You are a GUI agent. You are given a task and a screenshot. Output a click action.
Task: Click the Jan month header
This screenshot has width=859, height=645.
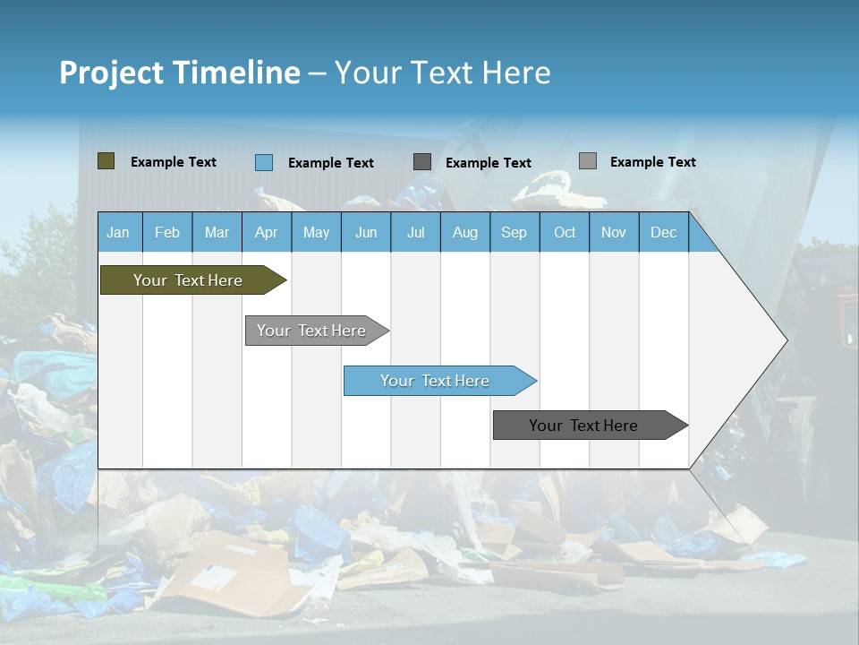(118, 232)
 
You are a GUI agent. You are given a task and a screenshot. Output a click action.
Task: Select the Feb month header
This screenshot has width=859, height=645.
(167, 232)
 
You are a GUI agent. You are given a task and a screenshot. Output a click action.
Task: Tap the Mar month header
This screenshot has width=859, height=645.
(217, 232)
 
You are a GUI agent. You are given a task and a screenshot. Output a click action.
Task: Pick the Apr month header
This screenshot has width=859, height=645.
(266, 232)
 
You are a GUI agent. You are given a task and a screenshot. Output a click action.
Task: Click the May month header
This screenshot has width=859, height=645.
(316, 232)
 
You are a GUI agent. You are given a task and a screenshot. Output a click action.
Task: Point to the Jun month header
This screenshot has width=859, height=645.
(366, 232)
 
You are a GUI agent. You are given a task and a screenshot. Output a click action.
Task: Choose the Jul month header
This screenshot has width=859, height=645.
(415, 232)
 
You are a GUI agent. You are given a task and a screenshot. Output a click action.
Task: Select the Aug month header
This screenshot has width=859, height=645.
(464, 232)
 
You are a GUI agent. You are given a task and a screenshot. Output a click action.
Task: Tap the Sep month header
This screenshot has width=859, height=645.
(514, 232)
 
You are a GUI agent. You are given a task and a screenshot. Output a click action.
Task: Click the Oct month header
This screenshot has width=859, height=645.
(565, 232)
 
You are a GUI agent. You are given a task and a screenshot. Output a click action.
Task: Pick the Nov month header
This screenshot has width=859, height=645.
(613, 232)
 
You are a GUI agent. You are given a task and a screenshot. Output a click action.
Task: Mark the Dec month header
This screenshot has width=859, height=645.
(663, 232)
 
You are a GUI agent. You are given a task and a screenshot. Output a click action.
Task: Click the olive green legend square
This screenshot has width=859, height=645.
(106, 161)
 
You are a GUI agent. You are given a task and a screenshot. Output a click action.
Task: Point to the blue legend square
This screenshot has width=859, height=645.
(263, 162)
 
